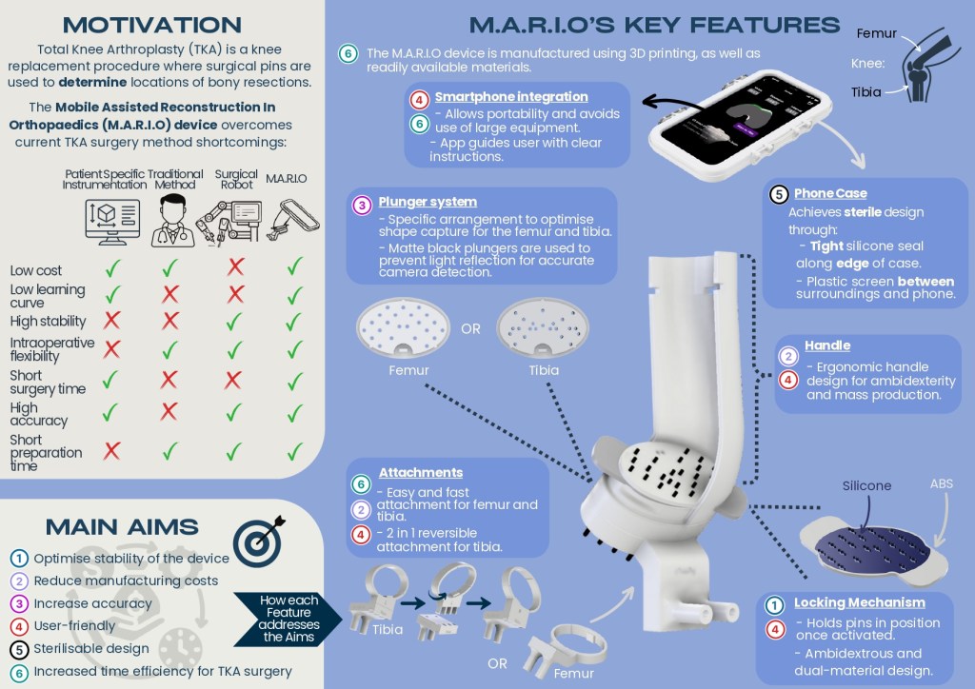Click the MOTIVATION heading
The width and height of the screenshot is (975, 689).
tap(152, 25)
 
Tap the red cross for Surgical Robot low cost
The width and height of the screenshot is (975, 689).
tap(236, 267)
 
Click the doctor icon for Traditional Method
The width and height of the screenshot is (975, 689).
tap(172, 221)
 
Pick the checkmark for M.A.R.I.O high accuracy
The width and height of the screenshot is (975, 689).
tap(295, 412)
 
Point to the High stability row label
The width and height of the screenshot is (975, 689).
tap(48, 322)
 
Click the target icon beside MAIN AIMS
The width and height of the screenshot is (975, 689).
tap(259, 540)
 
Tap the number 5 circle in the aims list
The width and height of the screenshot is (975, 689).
tap(19, 649)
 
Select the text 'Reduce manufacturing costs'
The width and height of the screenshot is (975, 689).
tap(126, 581)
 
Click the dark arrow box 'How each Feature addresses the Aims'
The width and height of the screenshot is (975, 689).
tap(288, 619)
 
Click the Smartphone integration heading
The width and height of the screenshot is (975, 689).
tap(511, 97)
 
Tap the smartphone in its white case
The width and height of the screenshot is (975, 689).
tap(740, 125)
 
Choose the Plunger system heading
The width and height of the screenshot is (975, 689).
tap(428, 202)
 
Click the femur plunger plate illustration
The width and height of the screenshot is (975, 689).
tap(403, 328)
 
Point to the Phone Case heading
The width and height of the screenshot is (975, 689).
tap(830, 194)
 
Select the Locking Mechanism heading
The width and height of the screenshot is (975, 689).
tap(860, 602)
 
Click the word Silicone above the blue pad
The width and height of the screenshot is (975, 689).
tap(866, 486)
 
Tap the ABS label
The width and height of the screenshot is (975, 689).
tap(942, 484)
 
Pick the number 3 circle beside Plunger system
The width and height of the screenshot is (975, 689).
tap(362, 205)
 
